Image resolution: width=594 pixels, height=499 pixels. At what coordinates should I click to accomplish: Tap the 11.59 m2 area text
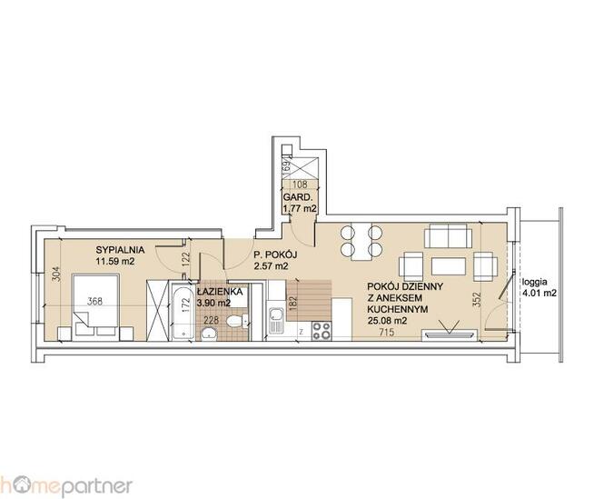pyautogui.click(x=115, y=261)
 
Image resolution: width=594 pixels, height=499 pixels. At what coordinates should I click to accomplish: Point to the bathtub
pyautogui.click(x=183, y=313)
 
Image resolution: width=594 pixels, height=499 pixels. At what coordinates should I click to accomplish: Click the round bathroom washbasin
pyautogui.click(x=209, y=334)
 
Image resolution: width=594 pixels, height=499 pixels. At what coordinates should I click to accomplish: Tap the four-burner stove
pyautogui.click(x=322, y=331)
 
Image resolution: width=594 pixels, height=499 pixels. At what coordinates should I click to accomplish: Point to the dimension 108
pyautogui.click(x=301, y=185)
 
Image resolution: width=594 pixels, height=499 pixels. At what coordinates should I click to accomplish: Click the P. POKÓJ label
pyautogui.click(x=275, y=254)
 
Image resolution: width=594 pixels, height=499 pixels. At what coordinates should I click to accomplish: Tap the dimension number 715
pyautogui.click(x=387, y=333)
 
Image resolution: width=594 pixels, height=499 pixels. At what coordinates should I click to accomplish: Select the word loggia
pyautogui.click(x=534, y=282)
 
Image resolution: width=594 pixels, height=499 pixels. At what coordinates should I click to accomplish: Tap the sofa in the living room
pyautogui.click(x=448, y=235)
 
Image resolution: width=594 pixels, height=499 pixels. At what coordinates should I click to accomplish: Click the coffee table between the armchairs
pyautogui.click(x=449, y=266)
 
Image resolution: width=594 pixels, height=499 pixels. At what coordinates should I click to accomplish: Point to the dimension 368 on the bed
pyautogui.click(x=94, y=302)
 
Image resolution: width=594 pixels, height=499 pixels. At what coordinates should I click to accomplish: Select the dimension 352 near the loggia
pyautogui.click(x=477, y=300)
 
